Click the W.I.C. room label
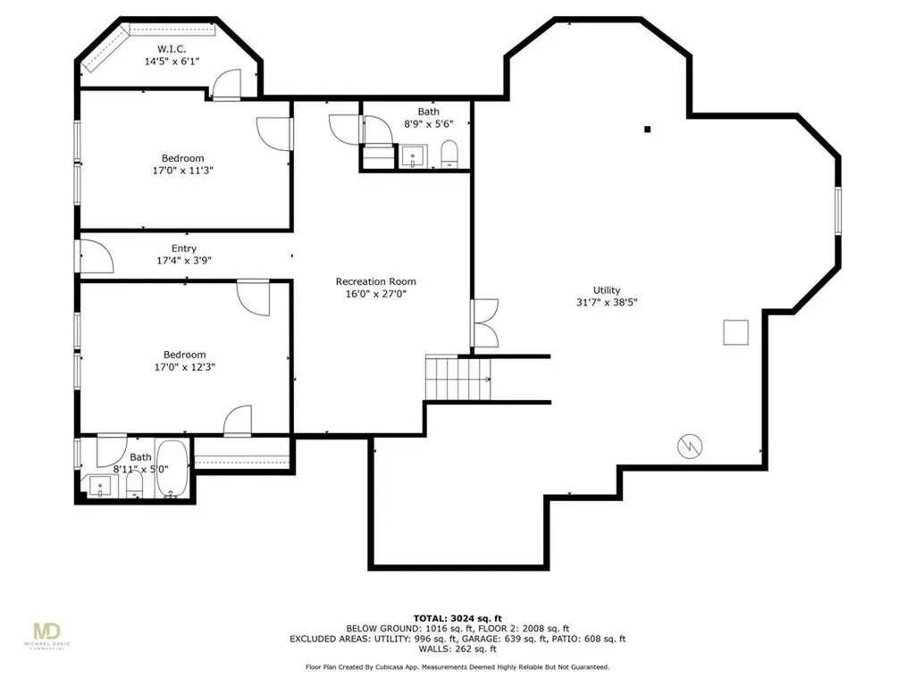pos(172,49)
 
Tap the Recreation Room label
pos(376,281)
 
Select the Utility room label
pos(607,290)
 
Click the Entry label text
pos(184,248)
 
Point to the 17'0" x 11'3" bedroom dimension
pos(182,171)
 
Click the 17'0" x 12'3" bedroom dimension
pos(184,367)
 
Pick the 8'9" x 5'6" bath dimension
pos(428,123)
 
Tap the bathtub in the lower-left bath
pos(172,469)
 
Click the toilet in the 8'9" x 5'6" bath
pos(449,154)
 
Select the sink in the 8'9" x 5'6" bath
pos(414,156)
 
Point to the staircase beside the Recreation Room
pos(458,378)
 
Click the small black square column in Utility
pos(647,130)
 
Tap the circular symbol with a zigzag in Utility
pos(690,447)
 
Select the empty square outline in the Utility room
pos(736,332)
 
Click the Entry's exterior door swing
pos(95,256)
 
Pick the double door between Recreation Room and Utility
pos(485,323)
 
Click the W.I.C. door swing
pos(226,84)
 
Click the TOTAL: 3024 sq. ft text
pos(457,618)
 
